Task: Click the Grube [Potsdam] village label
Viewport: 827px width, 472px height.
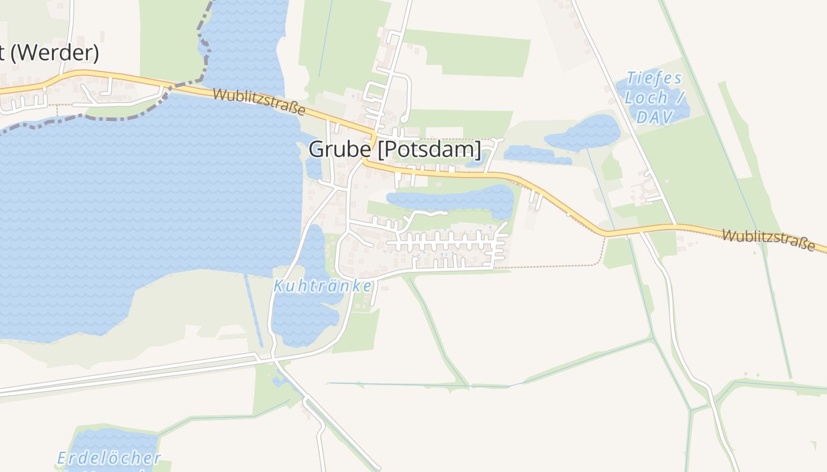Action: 395,149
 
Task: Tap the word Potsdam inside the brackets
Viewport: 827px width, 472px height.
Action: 429,149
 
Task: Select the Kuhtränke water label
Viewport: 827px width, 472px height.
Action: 323,286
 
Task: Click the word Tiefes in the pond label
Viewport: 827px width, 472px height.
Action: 654,78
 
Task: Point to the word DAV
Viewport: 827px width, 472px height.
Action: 654,117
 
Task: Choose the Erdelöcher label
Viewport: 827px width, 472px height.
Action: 109,458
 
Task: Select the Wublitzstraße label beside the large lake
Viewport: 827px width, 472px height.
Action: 259,102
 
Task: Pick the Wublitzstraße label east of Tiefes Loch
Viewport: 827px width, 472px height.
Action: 768,240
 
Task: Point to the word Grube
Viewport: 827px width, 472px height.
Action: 340,149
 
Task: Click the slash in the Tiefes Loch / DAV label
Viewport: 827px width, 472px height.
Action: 681,98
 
